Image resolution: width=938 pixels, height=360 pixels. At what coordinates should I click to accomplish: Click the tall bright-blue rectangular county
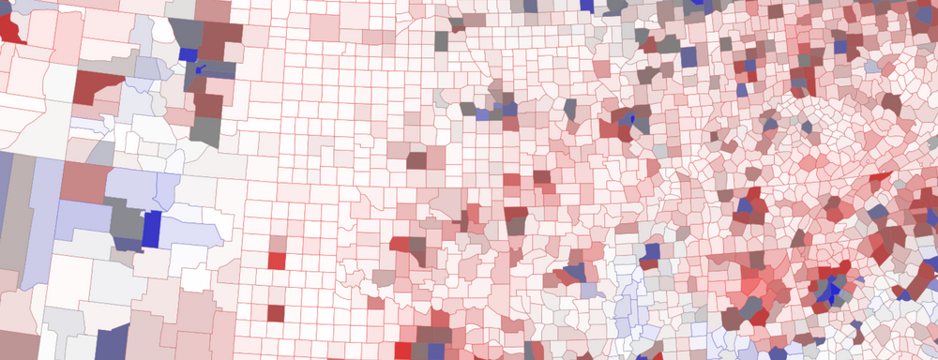(151, 229)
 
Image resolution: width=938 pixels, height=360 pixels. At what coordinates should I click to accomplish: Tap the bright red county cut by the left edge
(10, 28)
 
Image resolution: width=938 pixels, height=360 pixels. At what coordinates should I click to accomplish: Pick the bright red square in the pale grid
(276, 259)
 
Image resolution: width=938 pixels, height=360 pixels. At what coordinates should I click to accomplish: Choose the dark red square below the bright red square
(276, 311)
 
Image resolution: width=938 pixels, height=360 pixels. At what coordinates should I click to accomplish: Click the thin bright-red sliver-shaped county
(881, 175)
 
